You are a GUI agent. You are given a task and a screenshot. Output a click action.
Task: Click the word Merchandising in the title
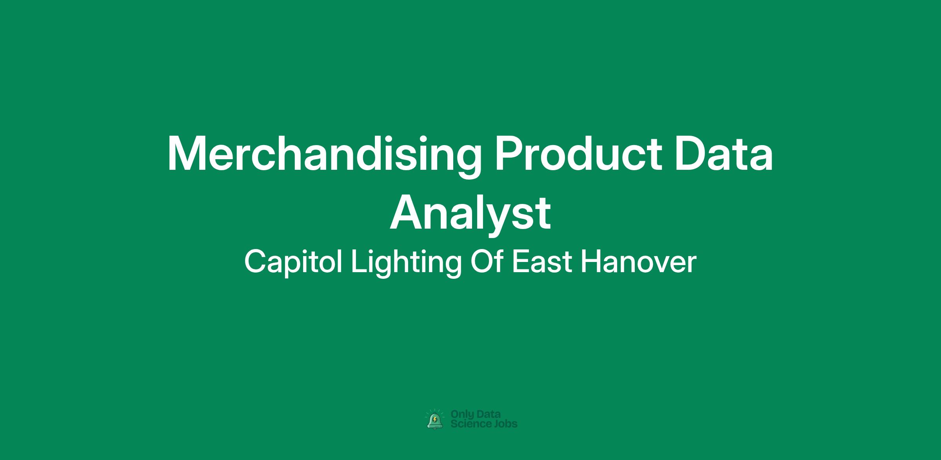click(325, 156)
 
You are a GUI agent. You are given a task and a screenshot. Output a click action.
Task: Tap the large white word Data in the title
click(724, 153)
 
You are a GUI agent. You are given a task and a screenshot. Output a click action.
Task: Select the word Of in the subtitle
click(487, 262)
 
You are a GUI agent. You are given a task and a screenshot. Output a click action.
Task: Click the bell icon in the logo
click(435, 420)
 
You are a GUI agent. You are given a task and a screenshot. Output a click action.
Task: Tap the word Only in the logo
click(462, 415)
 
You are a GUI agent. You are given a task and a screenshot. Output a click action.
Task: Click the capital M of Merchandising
click(187, 154)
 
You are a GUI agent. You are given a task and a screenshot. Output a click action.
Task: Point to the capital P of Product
click(509, 154)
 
